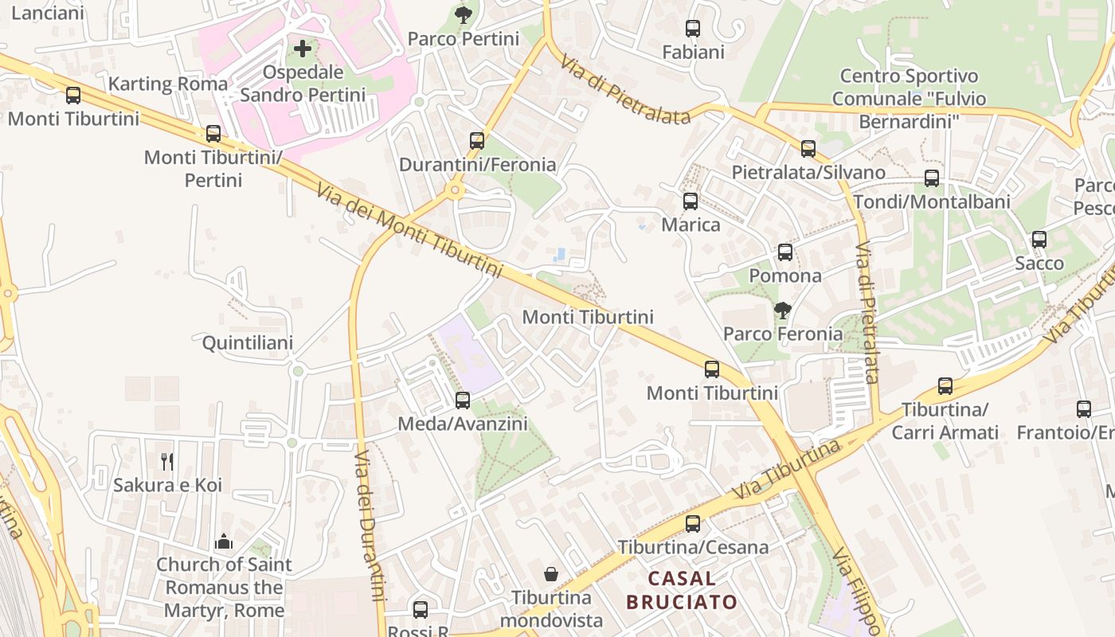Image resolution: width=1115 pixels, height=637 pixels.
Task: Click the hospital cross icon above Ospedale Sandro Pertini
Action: (303, 49)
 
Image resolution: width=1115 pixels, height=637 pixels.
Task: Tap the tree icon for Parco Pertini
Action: (463, 14)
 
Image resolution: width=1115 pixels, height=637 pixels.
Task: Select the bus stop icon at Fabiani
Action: (693, 29)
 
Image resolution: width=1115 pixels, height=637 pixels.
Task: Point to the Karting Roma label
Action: (168, 84)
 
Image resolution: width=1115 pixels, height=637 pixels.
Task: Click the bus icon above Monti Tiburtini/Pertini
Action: (213, 134)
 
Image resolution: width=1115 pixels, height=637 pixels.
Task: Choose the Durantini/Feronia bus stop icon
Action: (477, 141)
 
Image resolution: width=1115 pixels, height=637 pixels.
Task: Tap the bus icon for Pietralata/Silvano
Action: (808, 148)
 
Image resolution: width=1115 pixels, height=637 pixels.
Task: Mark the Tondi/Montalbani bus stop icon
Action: (932, 178)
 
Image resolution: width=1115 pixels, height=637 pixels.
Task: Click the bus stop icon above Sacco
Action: (1039, 240)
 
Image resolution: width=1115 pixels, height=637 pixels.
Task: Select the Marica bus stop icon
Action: (691, 201)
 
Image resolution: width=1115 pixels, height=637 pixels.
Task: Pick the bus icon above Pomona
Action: (785, 252)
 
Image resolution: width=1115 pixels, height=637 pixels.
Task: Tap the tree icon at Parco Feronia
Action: (783, 310)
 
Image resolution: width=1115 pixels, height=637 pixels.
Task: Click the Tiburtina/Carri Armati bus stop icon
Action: (945, 386)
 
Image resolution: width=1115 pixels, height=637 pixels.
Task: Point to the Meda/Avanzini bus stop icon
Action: (463, 401)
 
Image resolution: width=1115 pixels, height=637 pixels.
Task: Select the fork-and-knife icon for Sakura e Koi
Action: (167, 461)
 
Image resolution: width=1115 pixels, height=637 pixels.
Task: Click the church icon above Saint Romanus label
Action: (224, 541)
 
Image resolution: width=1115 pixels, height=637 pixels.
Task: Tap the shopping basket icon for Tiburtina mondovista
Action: (551, 573)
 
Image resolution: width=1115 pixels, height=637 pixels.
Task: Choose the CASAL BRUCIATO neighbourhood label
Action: (682, 590)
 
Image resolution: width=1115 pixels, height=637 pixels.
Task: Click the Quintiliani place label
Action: (248, 343)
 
